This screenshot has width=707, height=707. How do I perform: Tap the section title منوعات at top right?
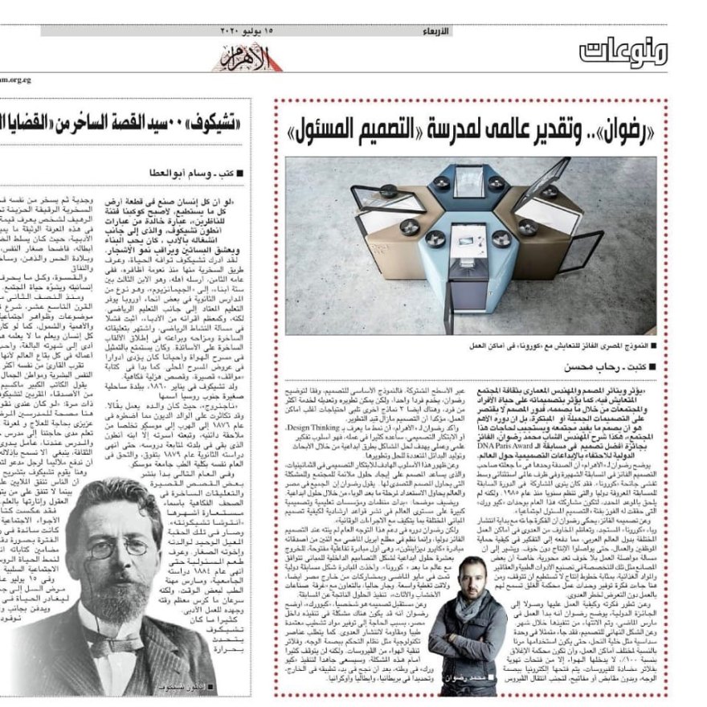(623, 53)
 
